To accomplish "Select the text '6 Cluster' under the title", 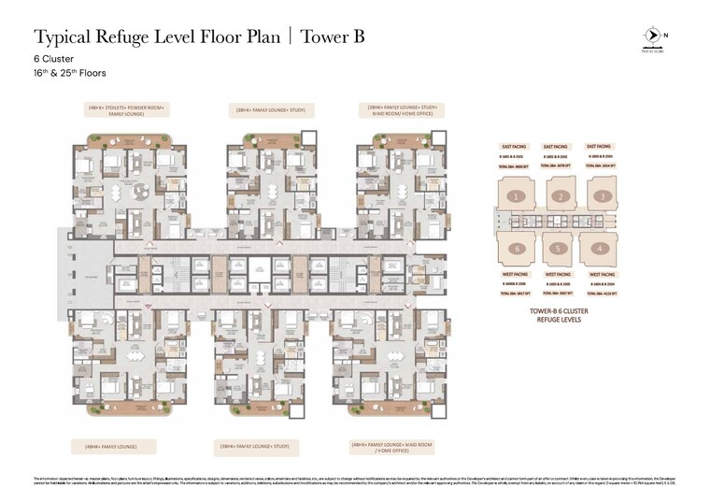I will (x=55, y=58).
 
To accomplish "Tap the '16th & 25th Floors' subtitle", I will (x=70, y=72).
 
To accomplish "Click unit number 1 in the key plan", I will (x=516, y=196).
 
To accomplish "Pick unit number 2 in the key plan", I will (x=560, y=196).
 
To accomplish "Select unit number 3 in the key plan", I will (x=603, y=196).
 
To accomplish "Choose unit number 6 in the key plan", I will (x=516, y=249).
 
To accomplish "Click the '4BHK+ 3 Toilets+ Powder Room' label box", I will (x=127, y=109).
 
